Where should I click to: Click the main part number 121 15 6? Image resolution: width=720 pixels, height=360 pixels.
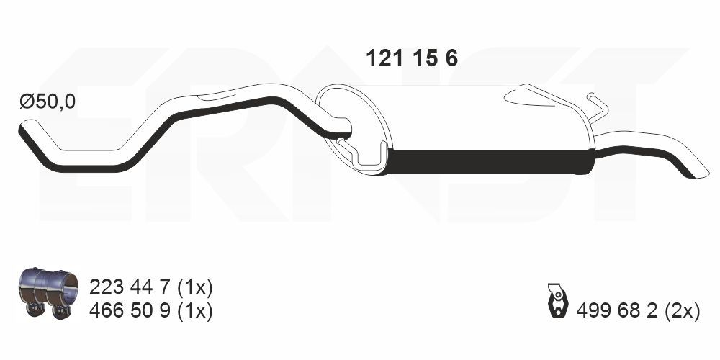412,59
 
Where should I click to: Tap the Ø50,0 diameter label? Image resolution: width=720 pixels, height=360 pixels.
47,102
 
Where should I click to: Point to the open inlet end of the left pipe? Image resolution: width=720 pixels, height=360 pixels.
24,130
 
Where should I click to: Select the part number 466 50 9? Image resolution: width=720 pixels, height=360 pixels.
130,311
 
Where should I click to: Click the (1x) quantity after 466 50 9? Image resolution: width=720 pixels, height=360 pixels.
194,311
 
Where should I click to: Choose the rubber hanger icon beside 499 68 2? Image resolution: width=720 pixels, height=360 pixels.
557,300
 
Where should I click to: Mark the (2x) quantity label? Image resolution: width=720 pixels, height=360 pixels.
683,310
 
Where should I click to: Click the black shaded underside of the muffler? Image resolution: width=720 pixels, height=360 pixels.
490,162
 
